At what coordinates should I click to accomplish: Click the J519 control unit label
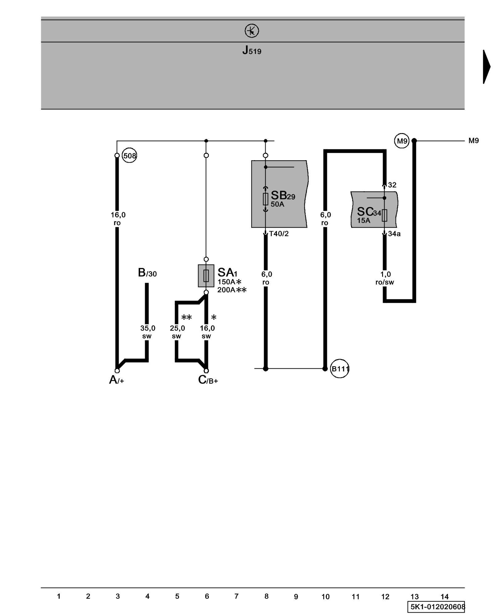(x=252, y=50)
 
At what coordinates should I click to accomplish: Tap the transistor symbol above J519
(x=252, y=31)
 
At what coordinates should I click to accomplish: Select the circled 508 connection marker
(x=129, y=156)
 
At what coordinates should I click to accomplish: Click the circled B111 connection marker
(x=340, y=368)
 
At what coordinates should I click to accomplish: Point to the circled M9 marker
(x=402, y=141)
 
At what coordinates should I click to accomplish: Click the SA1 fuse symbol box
(x=206, y=276)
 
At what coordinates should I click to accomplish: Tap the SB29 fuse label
(x=283, y=195)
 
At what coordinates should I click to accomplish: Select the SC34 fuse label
(x=369, y=212)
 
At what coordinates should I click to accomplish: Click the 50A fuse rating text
(x=277, y=204)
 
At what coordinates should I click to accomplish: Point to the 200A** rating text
(x=232, y=290)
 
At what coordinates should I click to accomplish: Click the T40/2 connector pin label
(x=279, y=234)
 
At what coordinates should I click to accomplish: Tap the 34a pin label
(x=394, y=234)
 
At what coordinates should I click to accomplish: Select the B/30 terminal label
(x=147, y=273)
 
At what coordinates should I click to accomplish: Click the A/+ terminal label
(x=116, y=380)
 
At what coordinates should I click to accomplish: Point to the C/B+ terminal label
(x=208, y=380)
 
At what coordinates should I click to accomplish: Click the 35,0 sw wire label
(x=147, y=332)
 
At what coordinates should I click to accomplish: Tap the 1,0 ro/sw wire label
(x=385, y=278)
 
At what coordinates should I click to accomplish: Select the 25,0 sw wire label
(x=177, y=332)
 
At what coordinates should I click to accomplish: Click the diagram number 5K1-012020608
(x=436, y=606)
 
